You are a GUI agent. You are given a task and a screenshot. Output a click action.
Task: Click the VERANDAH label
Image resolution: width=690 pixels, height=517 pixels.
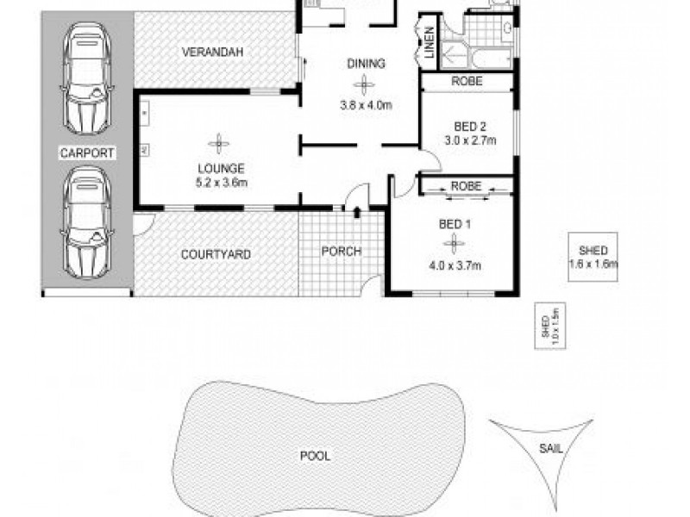coord(212,53)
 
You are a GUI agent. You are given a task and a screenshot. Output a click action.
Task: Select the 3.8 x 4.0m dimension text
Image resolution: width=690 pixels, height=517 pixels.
coord(366,106)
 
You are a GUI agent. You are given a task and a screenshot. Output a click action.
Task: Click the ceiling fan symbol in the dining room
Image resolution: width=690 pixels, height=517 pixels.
coord(364,84)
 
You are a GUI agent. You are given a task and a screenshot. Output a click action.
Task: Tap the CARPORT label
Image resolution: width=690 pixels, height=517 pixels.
coord(88,153)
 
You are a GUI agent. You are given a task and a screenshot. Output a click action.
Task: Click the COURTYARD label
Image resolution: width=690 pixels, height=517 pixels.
coord(216,254)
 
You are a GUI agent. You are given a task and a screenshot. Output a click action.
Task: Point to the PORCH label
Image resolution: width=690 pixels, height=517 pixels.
coord(341,252)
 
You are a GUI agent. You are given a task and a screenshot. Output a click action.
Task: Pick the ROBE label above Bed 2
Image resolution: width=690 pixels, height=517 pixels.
coord(467,82)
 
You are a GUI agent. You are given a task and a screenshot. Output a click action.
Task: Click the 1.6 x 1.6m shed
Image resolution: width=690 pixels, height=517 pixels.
coord(593,257)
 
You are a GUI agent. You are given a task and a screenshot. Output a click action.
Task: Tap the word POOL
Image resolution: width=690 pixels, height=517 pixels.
coord(316,457)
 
